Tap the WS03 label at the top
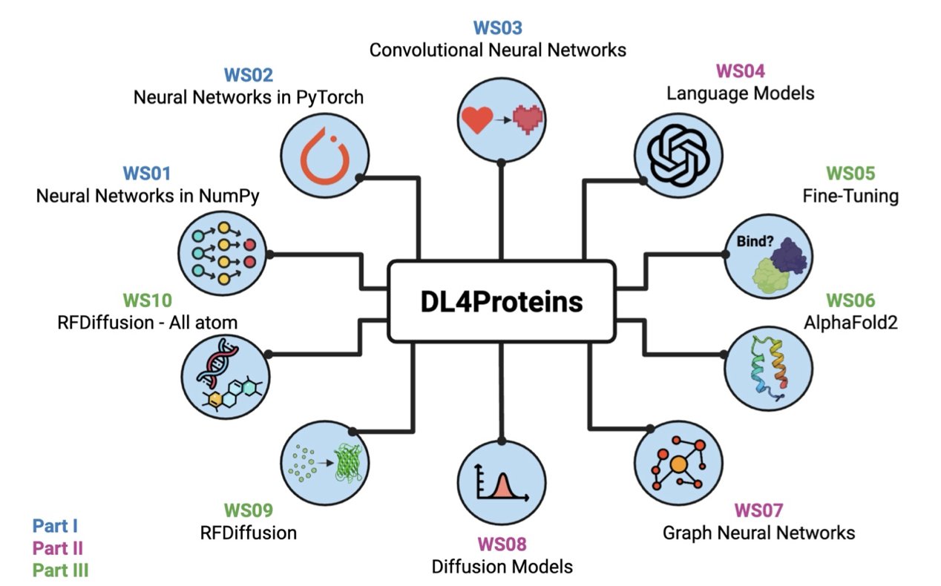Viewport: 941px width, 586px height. tap(498, 29)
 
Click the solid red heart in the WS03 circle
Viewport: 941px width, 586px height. tap(476, 119)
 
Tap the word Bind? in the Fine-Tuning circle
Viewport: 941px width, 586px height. tap(752, 242)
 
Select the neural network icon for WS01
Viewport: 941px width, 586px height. tap(223, 254)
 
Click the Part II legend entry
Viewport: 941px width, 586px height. tap(58, 548)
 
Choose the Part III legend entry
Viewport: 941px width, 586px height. tap(61, 570)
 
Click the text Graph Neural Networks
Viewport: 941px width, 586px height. tap(758, 533)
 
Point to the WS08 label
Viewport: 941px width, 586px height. tap(502, 544)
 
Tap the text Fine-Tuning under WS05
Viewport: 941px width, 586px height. tap(850, 197)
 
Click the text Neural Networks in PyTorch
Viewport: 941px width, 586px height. tap(249, 97)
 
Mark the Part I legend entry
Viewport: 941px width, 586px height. tap(55, 527)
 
